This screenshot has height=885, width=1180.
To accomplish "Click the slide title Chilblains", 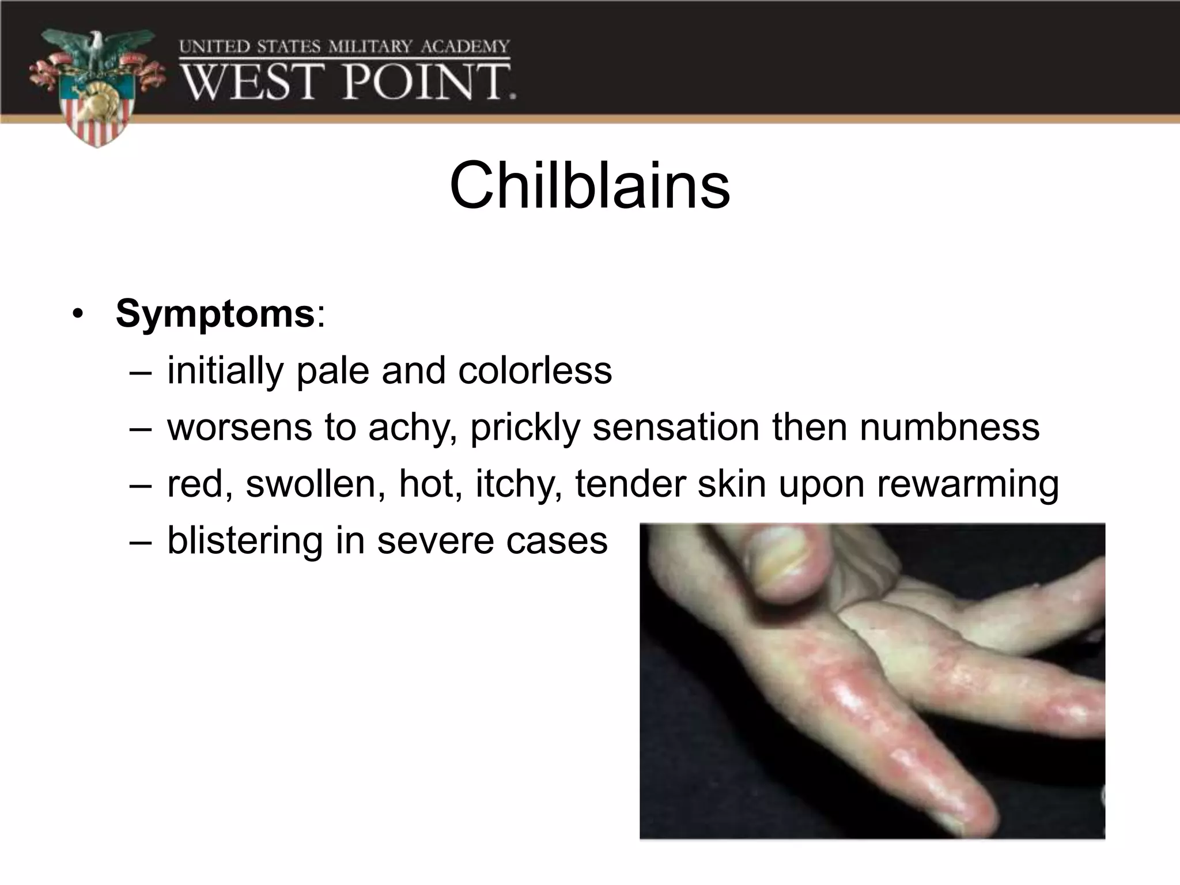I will [589, 186].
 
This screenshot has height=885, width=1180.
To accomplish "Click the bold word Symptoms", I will [215, 314].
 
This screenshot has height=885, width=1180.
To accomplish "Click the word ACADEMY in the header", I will [465, 46].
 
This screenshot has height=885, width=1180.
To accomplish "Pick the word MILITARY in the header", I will [370, 46].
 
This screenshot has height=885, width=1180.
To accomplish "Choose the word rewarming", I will [968, 485].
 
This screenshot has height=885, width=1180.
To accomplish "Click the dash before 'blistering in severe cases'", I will [141, 542].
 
